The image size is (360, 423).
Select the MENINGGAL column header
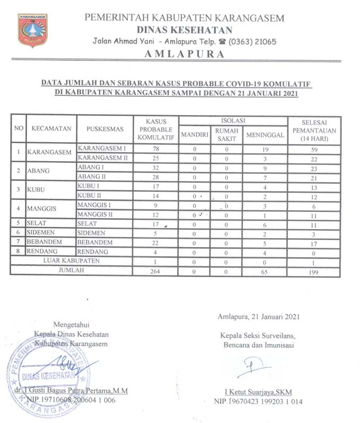click(265, 135)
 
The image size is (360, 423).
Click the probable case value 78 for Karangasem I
click(156, 149)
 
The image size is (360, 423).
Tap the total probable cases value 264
click(156, 270)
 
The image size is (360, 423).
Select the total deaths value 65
click(265, 270)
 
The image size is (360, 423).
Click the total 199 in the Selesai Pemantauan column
click(315, 270)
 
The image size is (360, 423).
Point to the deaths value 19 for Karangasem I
click(265, 149)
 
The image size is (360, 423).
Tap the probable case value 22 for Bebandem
click(156, 242)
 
